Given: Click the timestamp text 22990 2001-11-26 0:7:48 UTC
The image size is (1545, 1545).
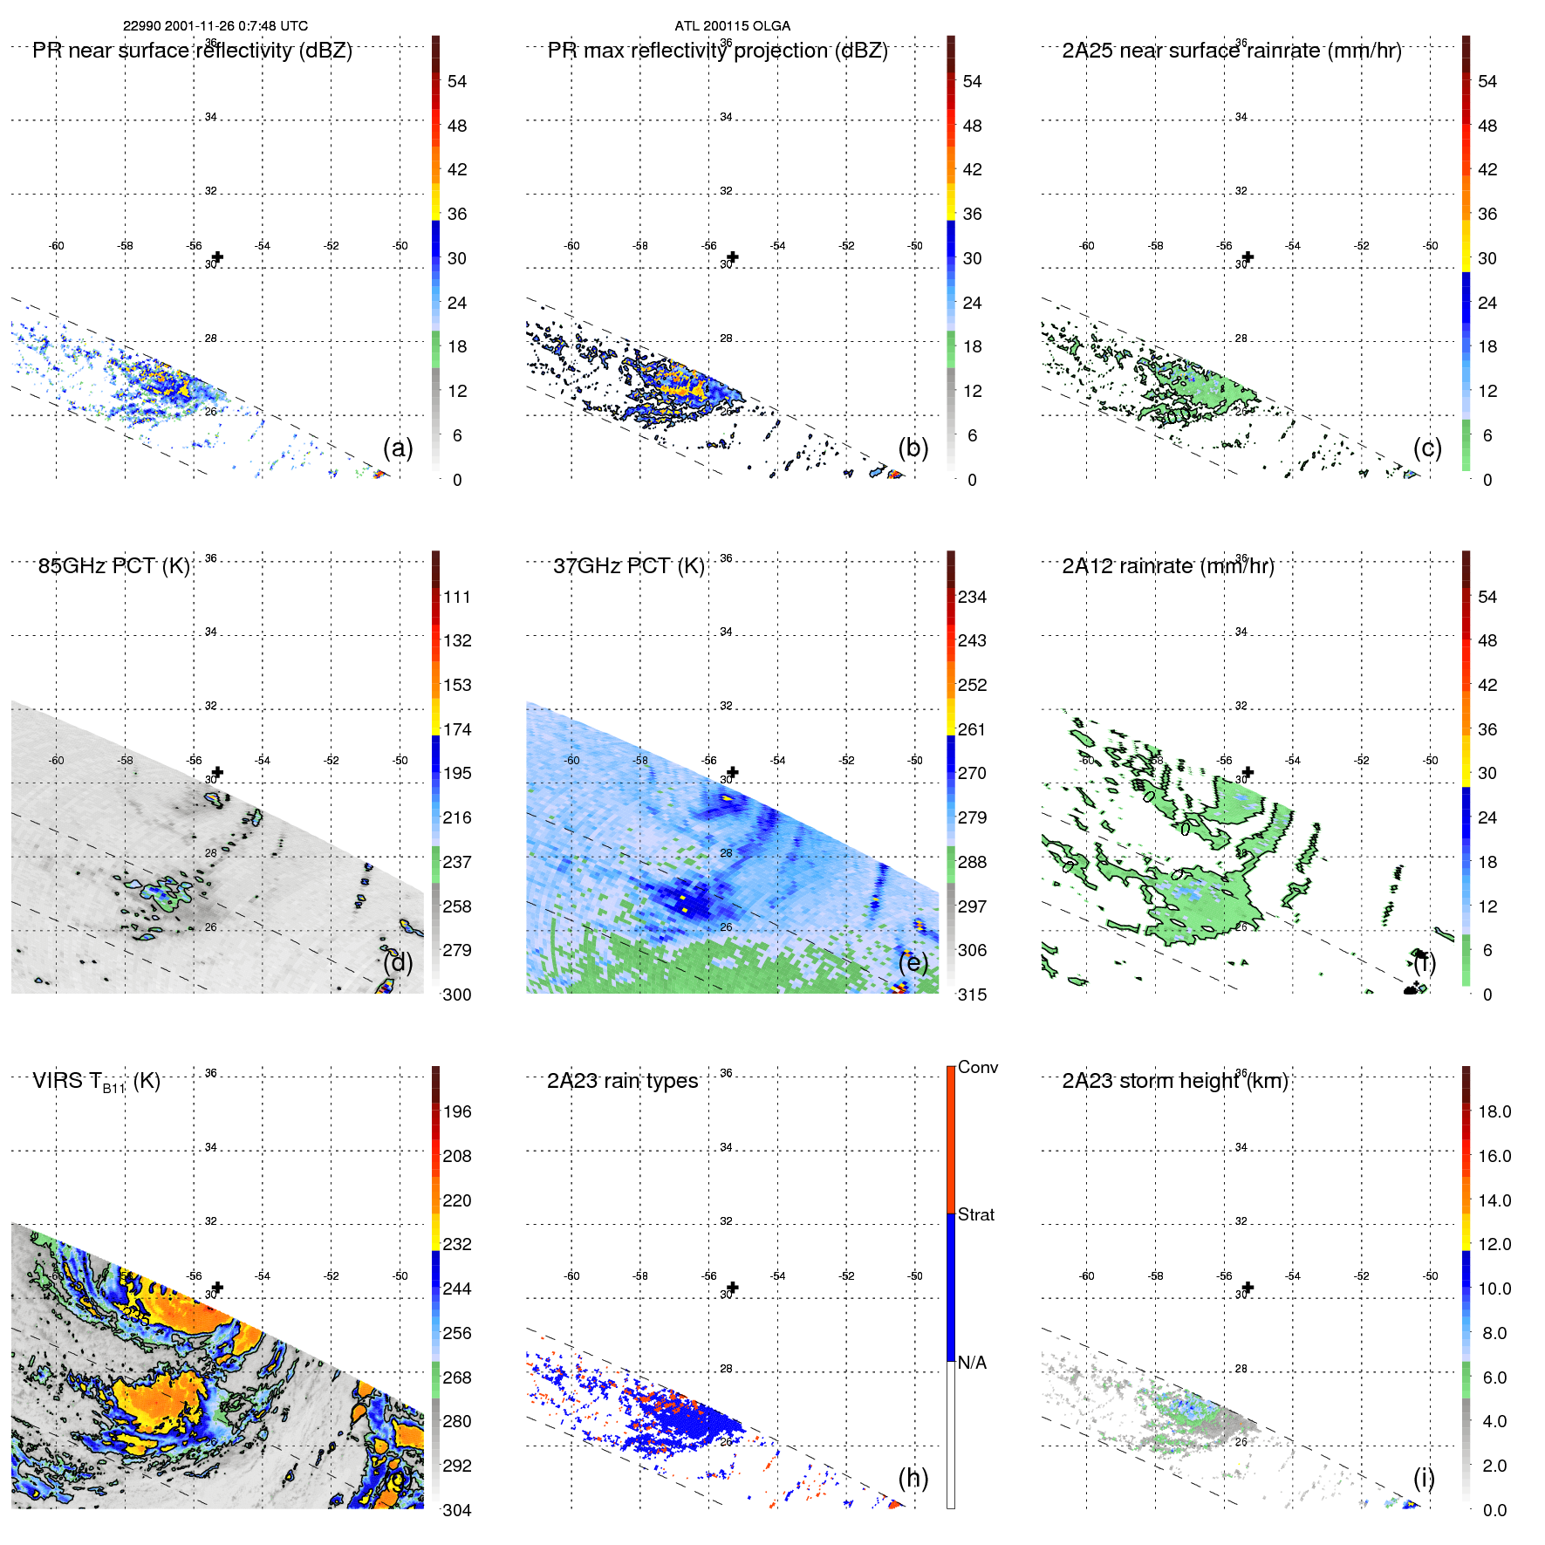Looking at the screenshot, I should [x=215, y=26].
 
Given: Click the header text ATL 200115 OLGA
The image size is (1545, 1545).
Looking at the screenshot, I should [x=732, y=26].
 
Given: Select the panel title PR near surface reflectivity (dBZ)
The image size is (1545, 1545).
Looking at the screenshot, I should [x=192, y=51].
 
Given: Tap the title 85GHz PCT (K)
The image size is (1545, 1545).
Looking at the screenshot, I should [x=113, y=566].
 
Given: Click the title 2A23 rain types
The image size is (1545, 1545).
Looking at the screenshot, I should [x=622, y=1081].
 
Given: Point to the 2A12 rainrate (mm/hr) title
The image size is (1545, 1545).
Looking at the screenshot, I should [x=1167, y=566].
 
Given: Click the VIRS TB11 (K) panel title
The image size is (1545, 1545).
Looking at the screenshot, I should [x=96, y=1082].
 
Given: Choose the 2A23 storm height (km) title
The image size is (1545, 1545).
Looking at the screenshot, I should [x=1174, y=1081].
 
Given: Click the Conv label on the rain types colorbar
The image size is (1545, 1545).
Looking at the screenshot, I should [x=977, y=1067].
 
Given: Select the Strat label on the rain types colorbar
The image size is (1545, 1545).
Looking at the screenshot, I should [x=975, y=1214].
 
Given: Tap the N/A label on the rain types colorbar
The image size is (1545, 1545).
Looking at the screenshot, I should [x=972, y=1363].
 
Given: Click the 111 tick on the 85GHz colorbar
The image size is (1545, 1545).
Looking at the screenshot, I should [x=456, y=597].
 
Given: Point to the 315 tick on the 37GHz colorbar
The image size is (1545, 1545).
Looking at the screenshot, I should [x=972, y=995].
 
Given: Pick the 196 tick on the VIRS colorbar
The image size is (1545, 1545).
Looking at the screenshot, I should [x=456, y=1111].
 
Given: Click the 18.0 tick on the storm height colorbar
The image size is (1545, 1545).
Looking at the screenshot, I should [x=1494, y=1111].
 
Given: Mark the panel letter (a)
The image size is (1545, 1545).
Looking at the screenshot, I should [x=398, y=448].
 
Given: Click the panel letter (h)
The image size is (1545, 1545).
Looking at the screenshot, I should [x=913, y=1478].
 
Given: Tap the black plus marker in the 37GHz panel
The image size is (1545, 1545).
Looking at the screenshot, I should [x=733, y=772].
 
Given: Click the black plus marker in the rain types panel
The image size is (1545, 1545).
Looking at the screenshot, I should [x=733, y=1288].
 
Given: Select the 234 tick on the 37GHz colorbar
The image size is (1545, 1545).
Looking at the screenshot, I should [x=972, y=597].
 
